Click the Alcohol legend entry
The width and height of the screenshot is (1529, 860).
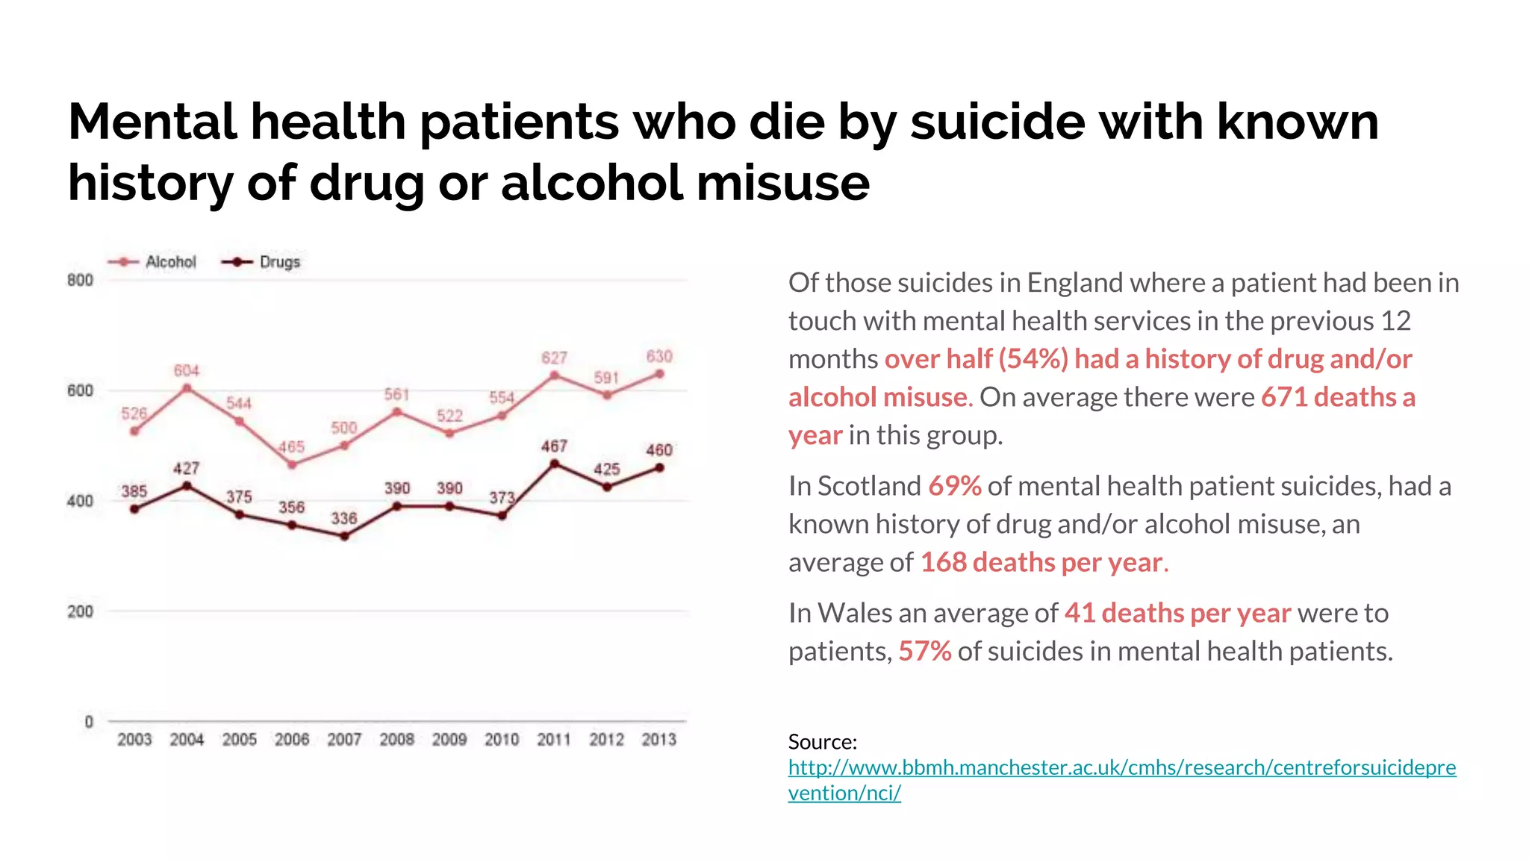point(153,262)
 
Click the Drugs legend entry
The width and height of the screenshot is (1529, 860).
point(262,262)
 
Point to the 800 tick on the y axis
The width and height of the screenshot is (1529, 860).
point(80,281)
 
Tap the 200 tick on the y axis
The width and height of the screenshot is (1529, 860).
point(80,611)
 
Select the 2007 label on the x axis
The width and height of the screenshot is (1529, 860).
point(344,740)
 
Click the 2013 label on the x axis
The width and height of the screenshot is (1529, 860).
point(658,740)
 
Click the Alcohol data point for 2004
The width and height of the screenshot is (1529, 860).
point(187,388)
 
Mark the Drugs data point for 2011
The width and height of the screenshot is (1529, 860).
point(554,464)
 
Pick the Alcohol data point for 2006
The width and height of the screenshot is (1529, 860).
point(292,465)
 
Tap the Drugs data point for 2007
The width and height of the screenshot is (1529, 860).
point(344,536)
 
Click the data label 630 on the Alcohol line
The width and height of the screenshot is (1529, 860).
point(659,356)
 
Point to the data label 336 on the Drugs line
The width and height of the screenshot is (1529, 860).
point(344,518)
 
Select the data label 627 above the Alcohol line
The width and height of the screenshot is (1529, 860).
point(554,358)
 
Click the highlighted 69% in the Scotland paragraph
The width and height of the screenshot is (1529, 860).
point(954,486)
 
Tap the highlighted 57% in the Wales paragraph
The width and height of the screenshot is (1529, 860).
point(924,651)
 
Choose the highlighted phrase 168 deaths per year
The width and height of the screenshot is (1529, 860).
point(1041,562)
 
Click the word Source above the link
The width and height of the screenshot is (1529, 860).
point(821,742)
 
